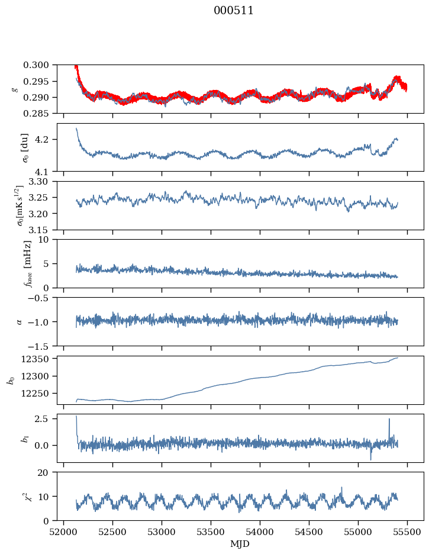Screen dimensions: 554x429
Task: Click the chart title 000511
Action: (234, 11)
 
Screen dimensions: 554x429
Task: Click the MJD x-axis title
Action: (240, 544)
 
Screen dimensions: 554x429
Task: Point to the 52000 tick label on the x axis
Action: (64, 532)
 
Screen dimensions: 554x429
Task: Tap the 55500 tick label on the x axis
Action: (407, 532)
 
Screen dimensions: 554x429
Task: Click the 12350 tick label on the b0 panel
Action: (41, 359)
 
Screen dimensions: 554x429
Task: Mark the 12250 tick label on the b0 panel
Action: (41, 393)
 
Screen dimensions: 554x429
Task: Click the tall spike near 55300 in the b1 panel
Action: (389, 420)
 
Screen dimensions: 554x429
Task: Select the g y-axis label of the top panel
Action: (14, 89)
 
